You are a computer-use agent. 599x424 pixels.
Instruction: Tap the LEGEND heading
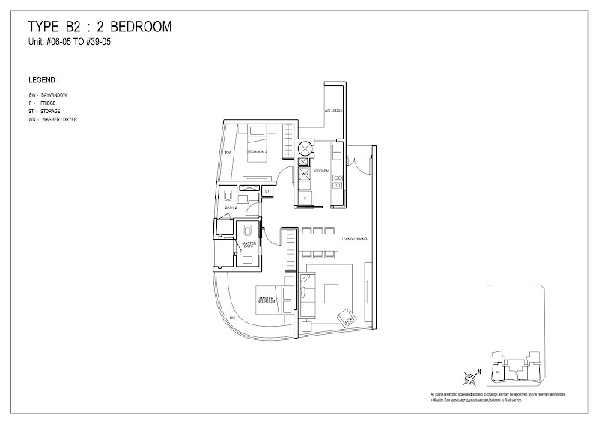click(43, 79)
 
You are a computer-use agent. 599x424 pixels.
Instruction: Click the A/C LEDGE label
click(334, 111)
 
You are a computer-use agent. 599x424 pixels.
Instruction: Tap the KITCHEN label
click(321, 172)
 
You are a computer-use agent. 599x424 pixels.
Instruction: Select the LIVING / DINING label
click(351, 240)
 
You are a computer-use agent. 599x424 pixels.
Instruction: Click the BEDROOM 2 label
click(257, 151)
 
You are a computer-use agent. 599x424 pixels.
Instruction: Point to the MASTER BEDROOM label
click(265, 299)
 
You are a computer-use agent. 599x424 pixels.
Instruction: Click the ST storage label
click(267, 192)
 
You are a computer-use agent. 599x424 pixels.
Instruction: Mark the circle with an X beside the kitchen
click(305, 147)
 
